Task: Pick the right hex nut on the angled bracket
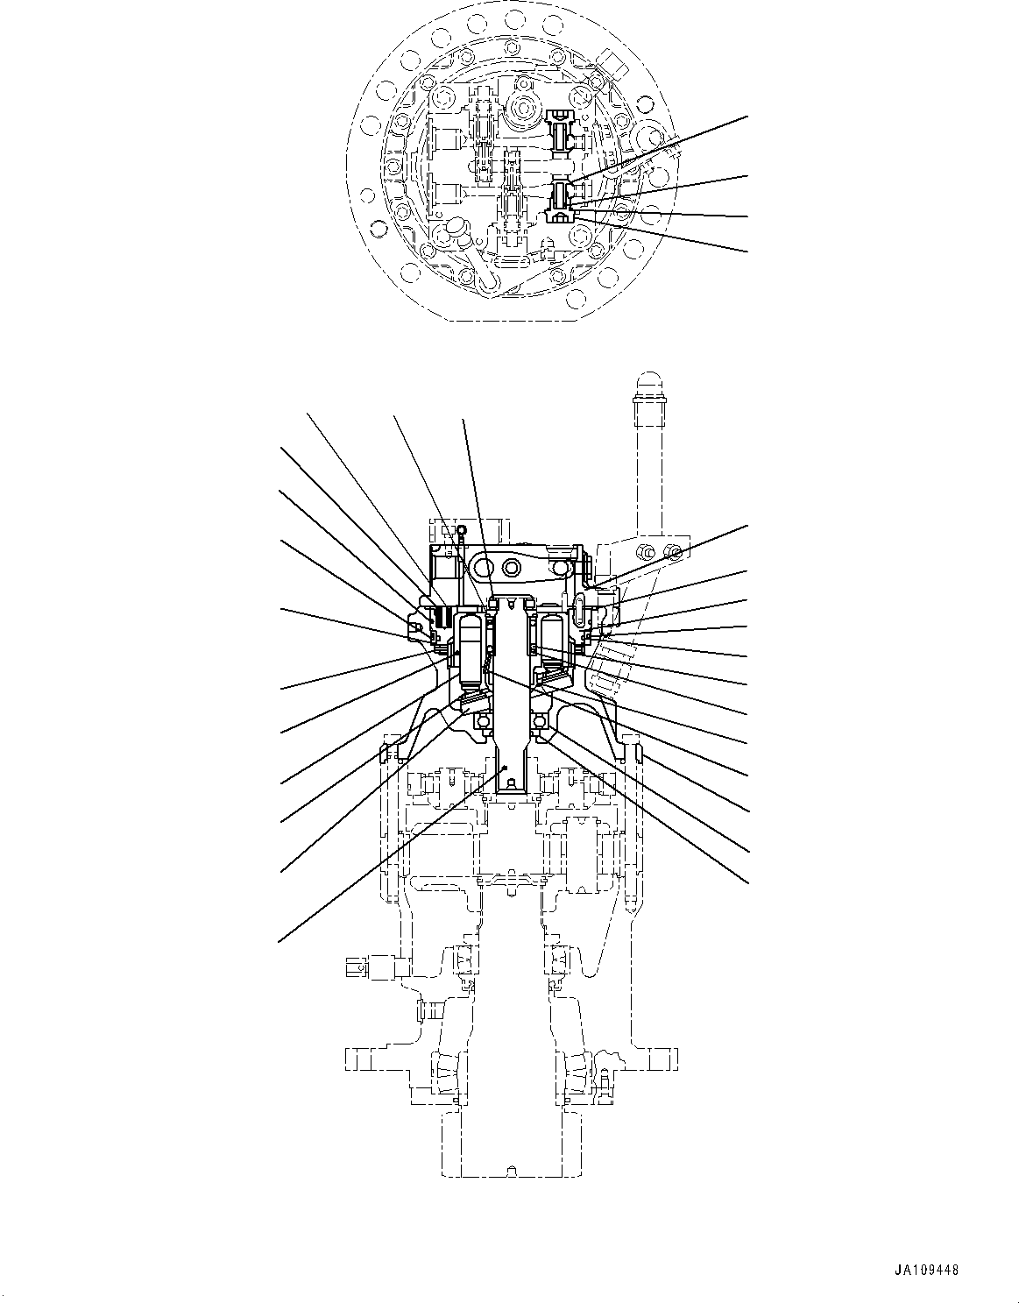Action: (673, 551)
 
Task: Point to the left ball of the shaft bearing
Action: (480, 721)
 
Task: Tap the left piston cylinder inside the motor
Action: (472, 649)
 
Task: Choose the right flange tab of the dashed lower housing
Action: (666, 1058)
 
